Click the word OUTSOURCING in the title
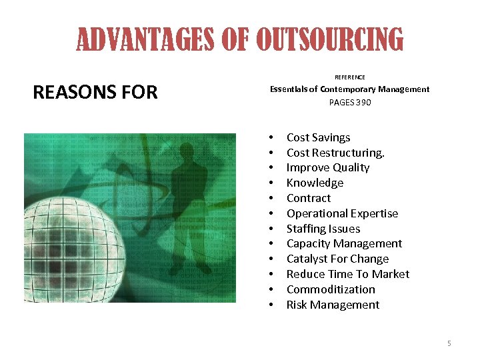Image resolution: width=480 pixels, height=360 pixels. [x=330, y=39]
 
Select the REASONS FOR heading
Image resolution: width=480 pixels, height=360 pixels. [x=95, y=92]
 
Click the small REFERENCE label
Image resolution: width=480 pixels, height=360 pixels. [x=349, y=77]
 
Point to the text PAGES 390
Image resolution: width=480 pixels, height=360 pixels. [x=349, y=103]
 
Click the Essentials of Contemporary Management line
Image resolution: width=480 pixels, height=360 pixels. [x=349, y=89]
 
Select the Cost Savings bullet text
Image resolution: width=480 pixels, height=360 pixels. [x=318, y=137]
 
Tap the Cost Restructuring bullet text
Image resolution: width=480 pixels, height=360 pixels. [x=335, y=153]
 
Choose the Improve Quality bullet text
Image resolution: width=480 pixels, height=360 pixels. [x=327, y=167]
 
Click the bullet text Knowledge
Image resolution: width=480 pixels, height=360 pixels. [x=315, y=183]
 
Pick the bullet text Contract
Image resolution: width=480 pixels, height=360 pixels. [x=308, y=198]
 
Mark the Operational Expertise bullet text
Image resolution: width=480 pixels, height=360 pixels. [x=342, y=213]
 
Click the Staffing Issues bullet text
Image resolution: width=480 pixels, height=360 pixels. [x=323, y=229]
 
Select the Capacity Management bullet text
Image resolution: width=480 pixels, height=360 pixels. [x=344, y=243]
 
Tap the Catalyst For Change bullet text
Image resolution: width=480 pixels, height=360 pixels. [x=337, y=259]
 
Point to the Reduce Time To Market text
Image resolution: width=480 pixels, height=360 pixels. [x=347, y=274]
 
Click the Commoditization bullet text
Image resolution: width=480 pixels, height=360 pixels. [x=331, y=289]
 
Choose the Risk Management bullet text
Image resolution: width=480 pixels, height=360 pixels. [x=333, y=305]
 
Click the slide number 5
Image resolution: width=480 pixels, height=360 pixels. [x=449, y=343]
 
